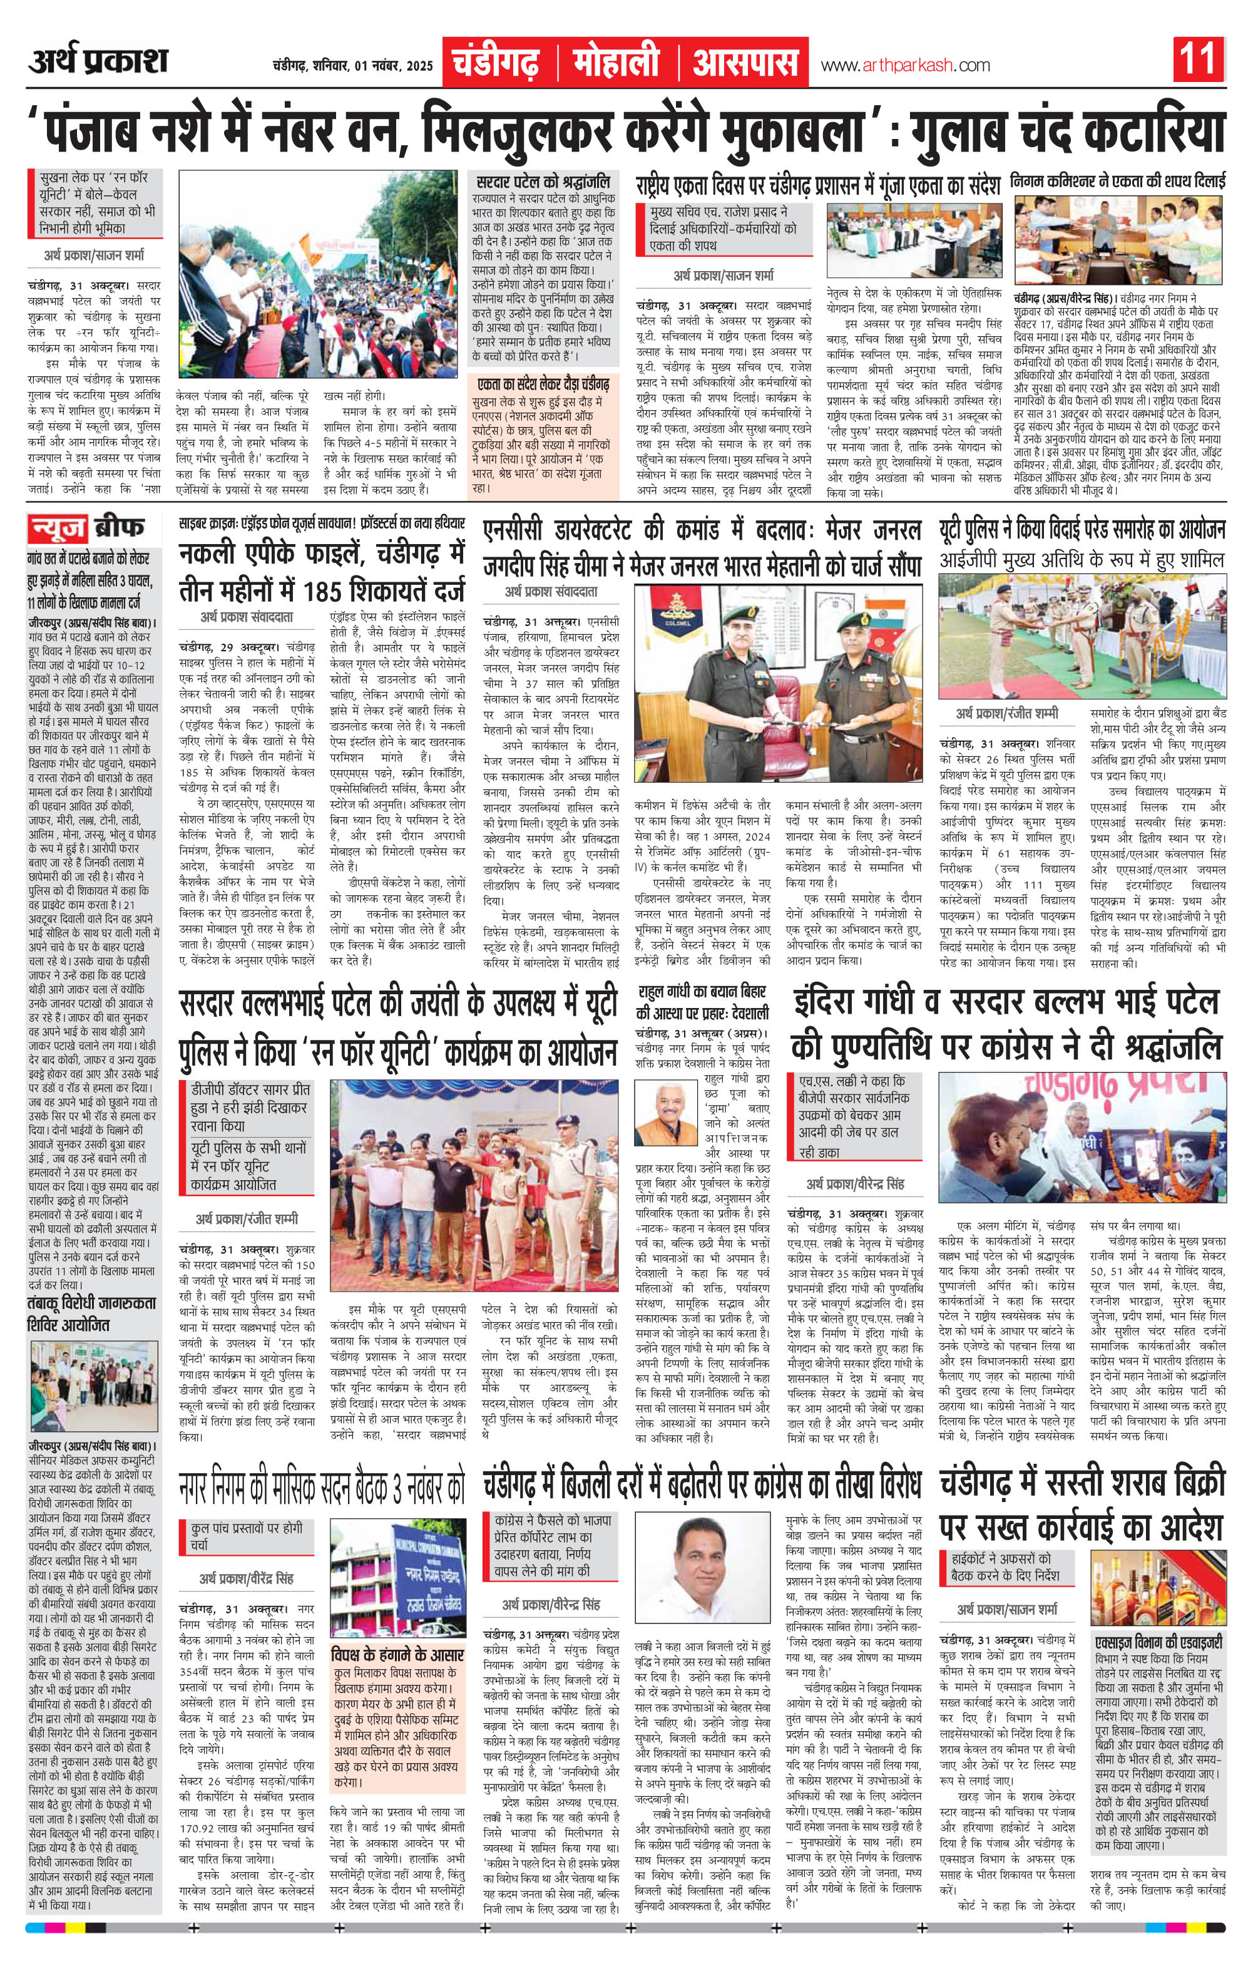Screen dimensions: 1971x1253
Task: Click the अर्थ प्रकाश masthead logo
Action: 98,62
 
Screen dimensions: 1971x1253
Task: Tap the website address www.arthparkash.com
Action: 904,66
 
